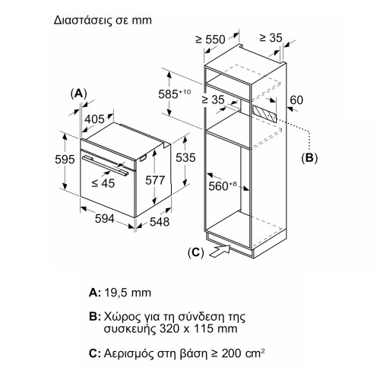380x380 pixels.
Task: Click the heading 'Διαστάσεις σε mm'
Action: click(x=103, y=21)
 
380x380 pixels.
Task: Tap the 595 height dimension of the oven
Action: click(x=65, y=160)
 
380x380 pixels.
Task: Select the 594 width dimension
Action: click(x=105, y=219)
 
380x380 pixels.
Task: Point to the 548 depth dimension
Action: click(x=160, y=222)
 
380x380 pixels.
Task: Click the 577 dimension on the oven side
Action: click(x=155, y=180)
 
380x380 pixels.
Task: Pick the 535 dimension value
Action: click(x=185, y=157)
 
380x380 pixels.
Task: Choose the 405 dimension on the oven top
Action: click(x=94, y=119)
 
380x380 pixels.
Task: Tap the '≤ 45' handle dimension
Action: click(x=103, y=183)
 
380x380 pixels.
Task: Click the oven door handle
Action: click(x=105, y=165)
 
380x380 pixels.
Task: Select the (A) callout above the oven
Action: click(x=78, y=93)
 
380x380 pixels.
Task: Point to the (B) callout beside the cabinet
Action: click(x=309, y=158)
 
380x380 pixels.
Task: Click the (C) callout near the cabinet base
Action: click(x=196, y=252)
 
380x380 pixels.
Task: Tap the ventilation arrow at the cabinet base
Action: click(x=219, y=252)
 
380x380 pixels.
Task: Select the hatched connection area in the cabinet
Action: click(x=264, y=113)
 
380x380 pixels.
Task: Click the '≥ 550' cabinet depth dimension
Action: click(x=211, y=40)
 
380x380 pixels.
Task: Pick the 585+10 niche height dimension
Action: click(x=175, y=94)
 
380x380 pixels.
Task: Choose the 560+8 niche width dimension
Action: click(x=223, y=186)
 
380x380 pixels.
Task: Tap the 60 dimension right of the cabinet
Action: click(x=296, y=100)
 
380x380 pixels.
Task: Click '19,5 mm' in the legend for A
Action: click(x=128, y=293)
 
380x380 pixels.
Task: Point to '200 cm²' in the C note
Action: click(x=243, y=353)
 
